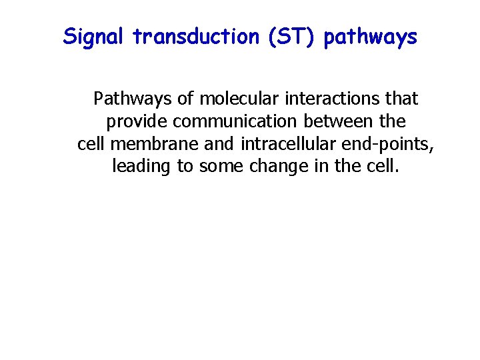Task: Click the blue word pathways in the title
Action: tap(371, 38)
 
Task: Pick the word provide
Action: tap(137, 123)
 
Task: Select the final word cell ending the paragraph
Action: tap(383, 166)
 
